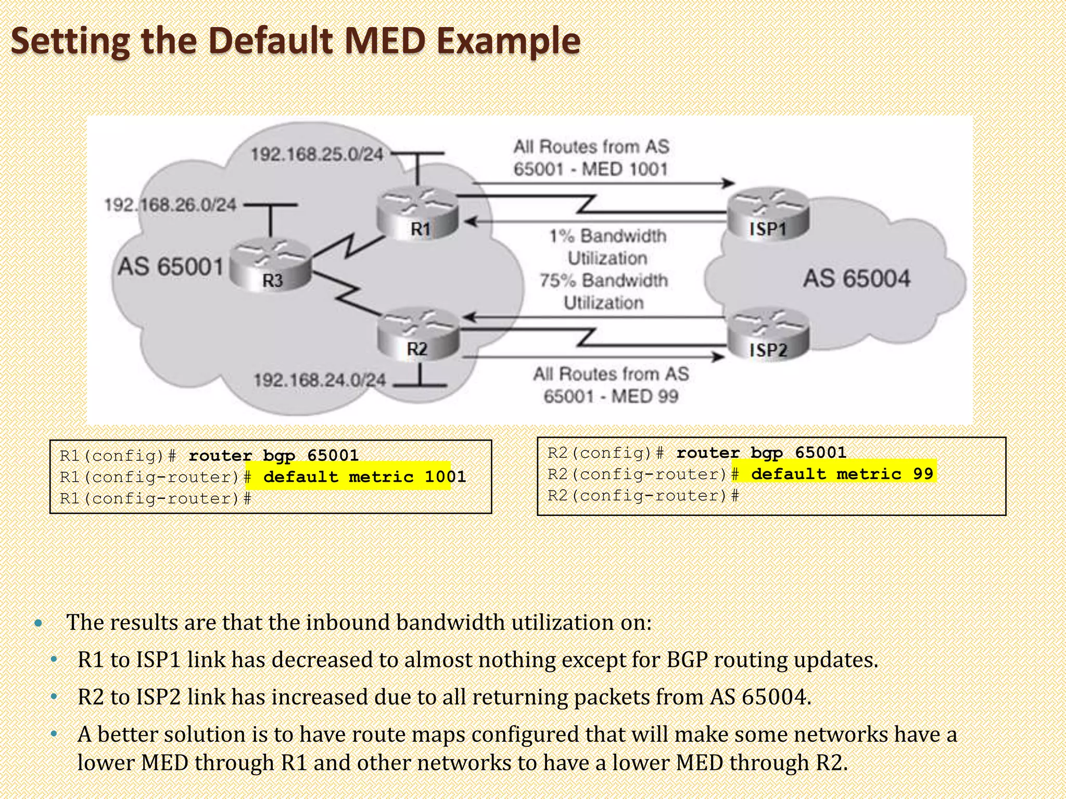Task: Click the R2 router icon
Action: point(417,334)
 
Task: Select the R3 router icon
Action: point(270,265)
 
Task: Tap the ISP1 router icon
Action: point(768,214)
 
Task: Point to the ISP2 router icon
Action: point(768,336)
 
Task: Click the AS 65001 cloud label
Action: point(171,267)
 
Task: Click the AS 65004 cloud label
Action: point(856,278)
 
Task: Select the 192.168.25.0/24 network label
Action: point(317,154)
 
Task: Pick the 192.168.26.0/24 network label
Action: point(171,205)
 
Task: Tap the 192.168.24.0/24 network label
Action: point(320,380)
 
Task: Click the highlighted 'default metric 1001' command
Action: point(364,476)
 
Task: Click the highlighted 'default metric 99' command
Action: point(842,474)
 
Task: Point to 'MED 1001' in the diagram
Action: point(624,170)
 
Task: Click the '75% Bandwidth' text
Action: point(604,280)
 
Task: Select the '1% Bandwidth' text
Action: point(607,236)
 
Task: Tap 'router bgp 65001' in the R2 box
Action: point(761,453)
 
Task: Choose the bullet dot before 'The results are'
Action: point(38,623)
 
